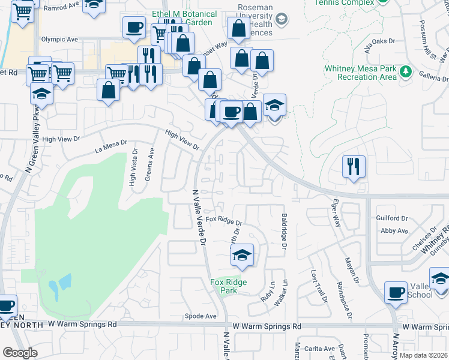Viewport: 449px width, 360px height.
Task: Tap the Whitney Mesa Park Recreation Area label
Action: pos(360,73)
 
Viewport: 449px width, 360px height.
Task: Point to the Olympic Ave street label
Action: pos(59,40)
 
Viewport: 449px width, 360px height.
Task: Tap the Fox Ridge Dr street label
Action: pos(223,221)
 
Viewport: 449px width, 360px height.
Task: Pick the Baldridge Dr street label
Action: pos(283,233)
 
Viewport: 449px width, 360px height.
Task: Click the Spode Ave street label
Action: pos(200,316)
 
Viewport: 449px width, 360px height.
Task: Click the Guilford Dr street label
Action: pos(391,219)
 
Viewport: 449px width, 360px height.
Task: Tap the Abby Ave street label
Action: pos(394,230)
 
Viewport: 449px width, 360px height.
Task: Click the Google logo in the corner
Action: pos(20,352)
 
